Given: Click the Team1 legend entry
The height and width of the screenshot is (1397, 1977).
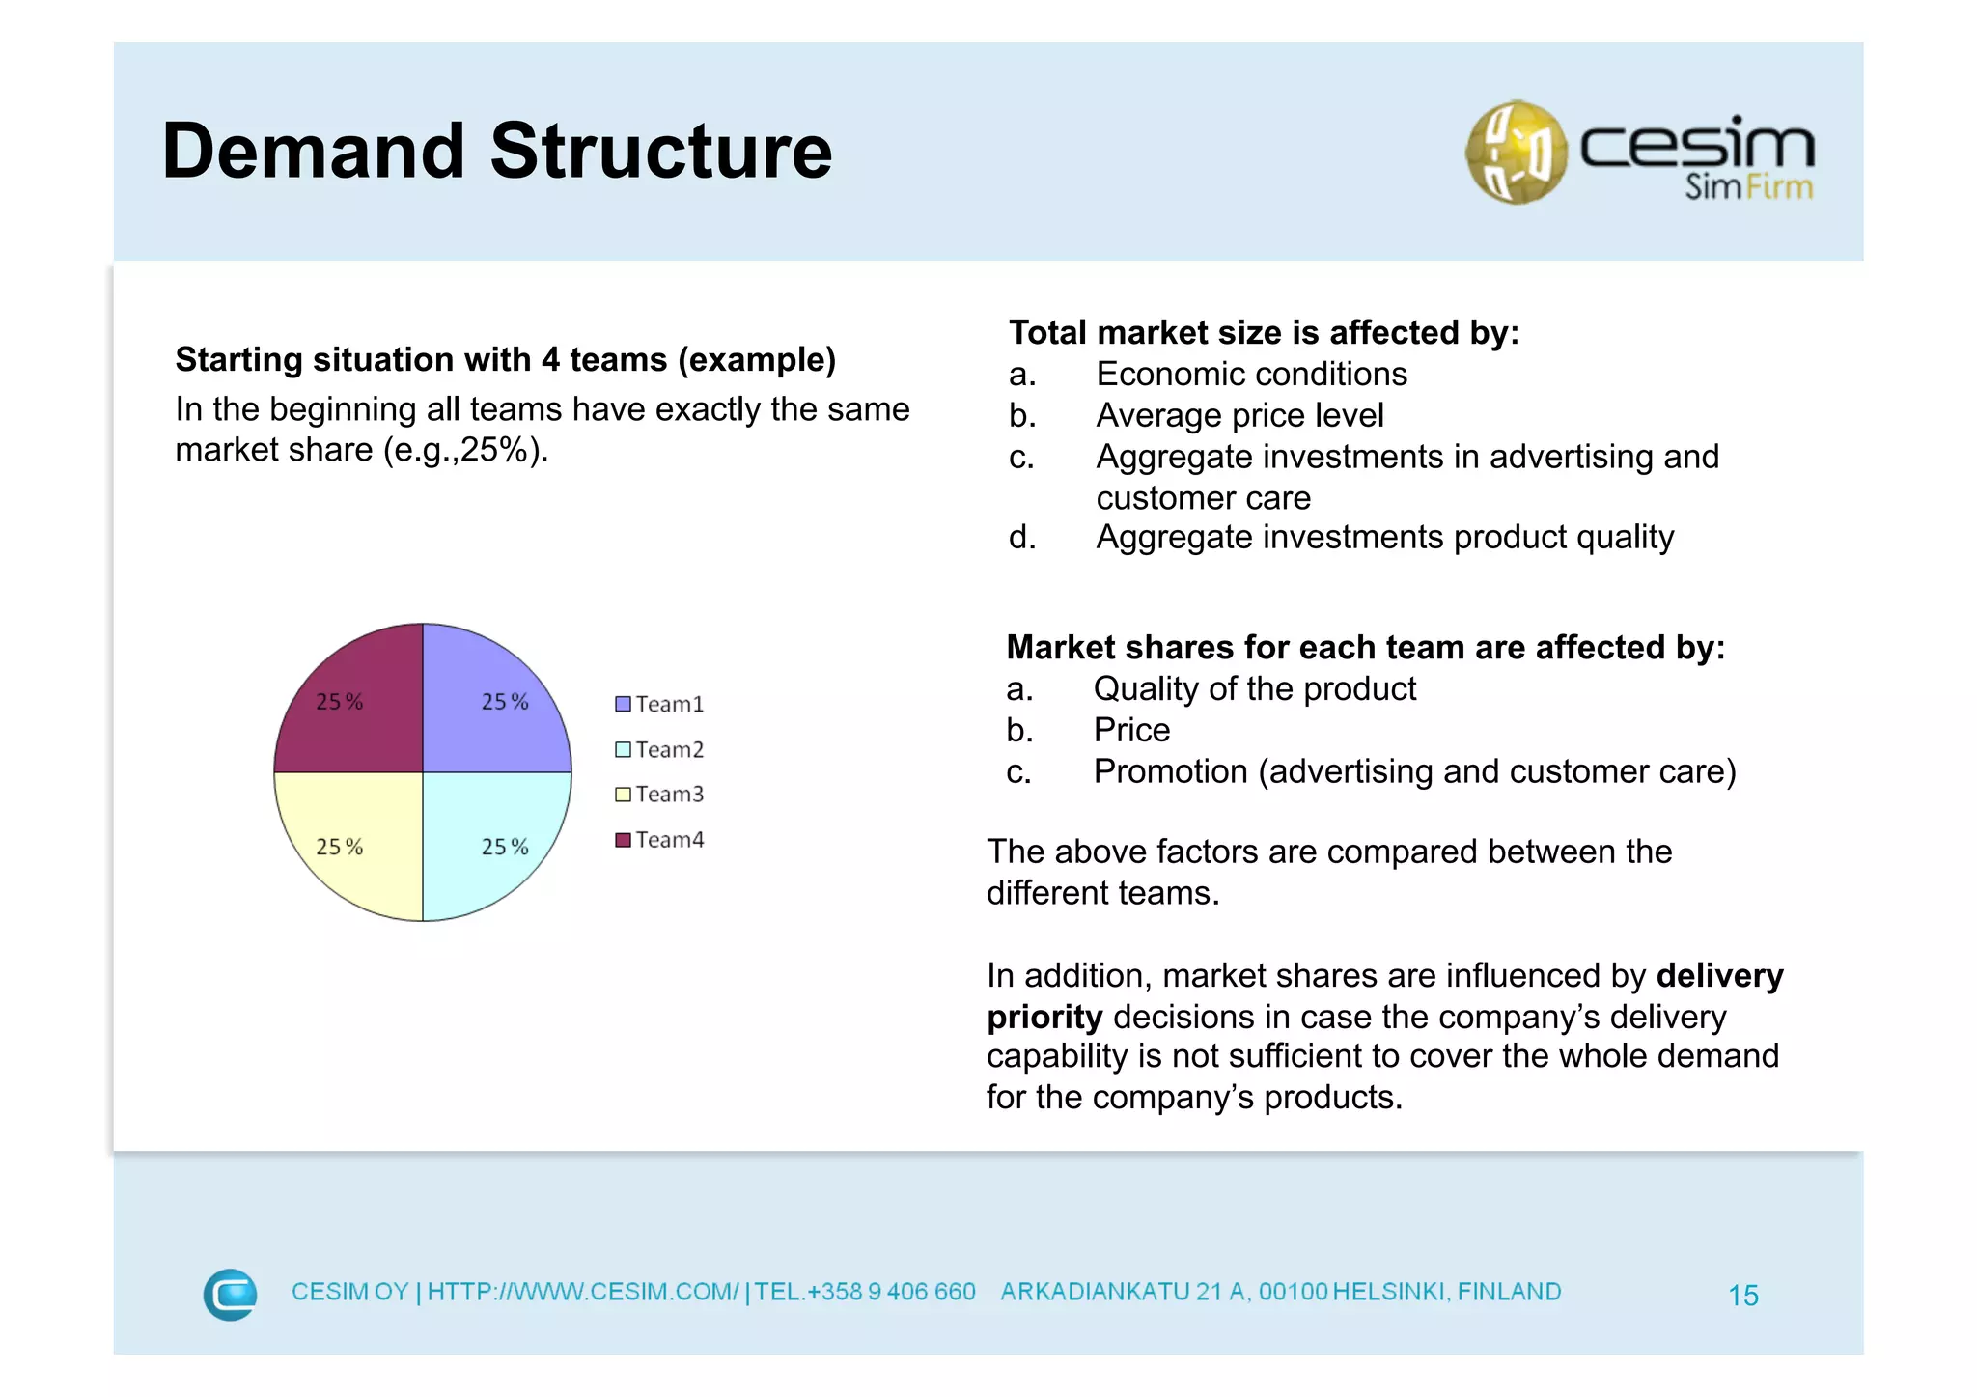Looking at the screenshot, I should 660,704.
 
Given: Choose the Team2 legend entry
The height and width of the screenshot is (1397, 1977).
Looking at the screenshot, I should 660,749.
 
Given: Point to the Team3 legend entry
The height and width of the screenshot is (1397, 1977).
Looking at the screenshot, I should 660,794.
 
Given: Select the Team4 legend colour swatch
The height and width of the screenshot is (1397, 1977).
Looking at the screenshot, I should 623,839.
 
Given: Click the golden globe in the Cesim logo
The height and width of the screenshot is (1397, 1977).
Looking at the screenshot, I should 1516,153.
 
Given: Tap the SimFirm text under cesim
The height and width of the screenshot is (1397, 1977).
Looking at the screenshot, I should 1748,186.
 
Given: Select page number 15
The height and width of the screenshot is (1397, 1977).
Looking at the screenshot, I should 1742,1295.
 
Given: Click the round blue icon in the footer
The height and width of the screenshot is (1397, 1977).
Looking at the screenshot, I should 231,1294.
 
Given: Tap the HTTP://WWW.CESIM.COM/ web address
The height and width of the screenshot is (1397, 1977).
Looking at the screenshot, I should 583,1292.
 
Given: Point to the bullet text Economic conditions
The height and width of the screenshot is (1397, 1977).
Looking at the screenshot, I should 1251,374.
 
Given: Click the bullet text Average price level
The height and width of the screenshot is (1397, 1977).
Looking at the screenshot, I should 1239,415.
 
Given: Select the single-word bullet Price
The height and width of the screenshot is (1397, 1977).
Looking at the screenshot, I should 1131,730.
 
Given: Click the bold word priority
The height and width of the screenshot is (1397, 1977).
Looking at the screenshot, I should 1044,1017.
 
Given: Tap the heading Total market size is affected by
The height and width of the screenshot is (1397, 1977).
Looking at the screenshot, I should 1264,332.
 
